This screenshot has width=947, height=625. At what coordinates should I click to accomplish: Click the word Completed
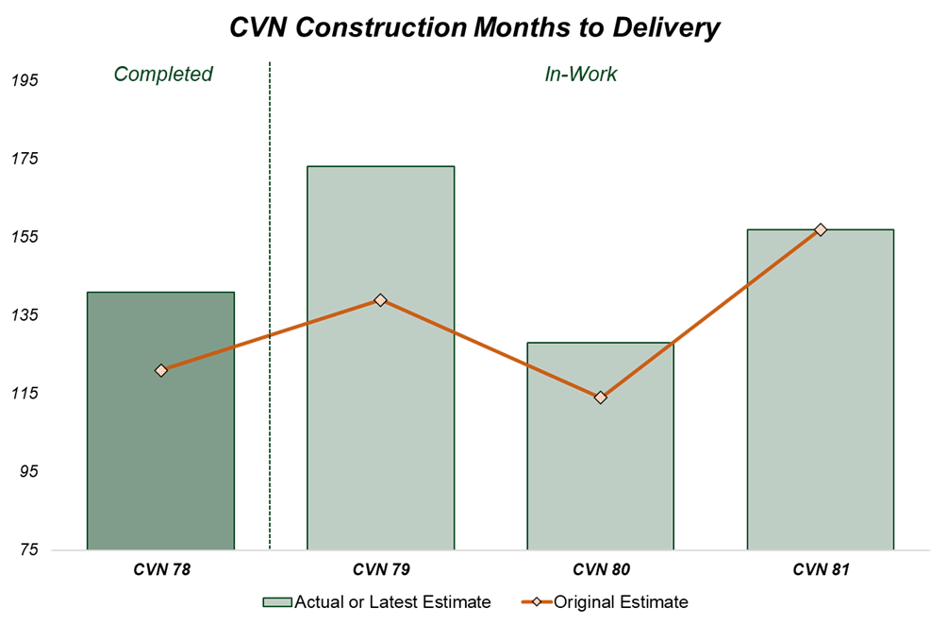tap(163, 75)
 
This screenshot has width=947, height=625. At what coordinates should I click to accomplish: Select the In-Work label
tap(581, 75)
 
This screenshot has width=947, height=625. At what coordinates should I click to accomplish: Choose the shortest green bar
tap(601, 472)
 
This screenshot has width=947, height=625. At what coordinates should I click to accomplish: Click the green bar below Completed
tap(160, 453)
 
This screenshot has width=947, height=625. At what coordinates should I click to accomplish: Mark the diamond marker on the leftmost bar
tap(161, 370)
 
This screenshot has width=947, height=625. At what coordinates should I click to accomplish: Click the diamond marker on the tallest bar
tap(380, 300)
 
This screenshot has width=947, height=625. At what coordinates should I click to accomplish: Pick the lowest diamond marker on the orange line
tap(600, 397)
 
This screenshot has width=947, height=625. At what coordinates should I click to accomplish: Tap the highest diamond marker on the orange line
tap(821, 229)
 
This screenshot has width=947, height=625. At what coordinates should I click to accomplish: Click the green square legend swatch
tap(277, 602)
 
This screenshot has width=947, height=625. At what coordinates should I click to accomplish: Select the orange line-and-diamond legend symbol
tap(537, 601)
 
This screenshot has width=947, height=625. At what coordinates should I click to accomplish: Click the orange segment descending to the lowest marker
tap(490, 349)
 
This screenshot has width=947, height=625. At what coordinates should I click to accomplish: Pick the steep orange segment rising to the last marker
tap(710, 313)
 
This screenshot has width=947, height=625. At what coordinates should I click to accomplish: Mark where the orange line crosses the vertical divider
tap(270, 335)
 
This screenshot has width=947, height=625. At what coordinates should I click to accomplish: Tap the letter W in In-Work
tap(576, 75)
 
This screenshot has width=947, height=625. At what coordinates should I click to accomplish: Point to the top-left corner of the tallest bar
tap(307, 166)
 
